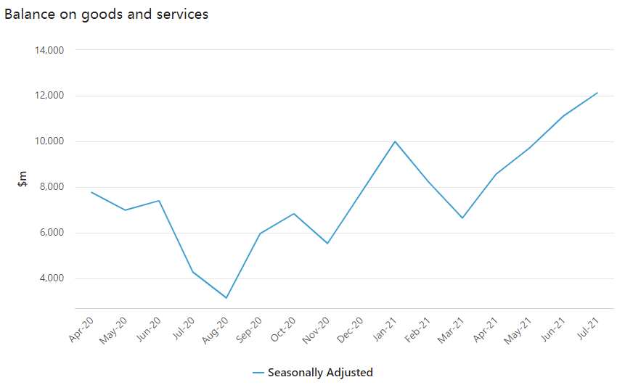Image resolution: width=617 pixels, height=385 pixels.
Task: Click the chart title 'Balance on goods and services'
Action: coord(107,15)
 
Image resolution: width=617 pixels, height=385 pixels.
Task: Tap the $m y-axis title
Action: coord(23,179)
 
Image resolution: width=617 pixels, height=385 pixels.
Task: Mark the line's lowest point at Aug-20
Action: coord(226,298)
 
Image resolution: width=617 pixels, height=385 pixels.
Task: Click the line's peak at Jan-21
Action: coord(395,141)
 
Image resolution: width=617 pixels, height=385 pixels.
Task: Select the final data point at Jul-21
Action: coord(597,93)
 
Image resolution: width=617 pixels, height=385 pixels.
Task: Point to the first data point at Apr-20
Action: coord(91,192)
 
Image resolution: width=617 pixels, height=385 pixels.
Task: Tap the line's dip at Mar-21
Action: coord(462,218)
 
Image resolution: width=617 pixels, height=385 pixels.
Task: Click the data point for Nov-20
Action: coord(327,243)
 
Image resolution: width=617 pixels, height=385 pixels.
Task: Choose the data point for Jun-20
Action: coord(159,201)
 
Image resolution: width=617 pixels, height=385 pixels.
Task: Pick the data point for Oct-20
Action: coord(294,214)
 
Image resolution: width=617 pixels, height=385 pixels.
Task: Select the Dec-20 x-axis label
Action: coord(352,330)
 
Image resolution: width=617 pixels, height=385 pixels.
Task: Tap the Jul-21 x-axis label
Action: coord(588,330)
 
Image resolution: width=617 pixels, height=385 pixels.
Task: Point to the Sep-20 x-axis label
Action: coord(250,330)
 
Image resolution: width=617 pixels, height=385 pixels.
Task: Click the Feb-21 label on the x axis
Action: coord(420,330)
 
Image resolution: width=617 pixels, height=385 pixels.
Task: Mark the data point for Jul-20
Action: coord(192,272)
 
